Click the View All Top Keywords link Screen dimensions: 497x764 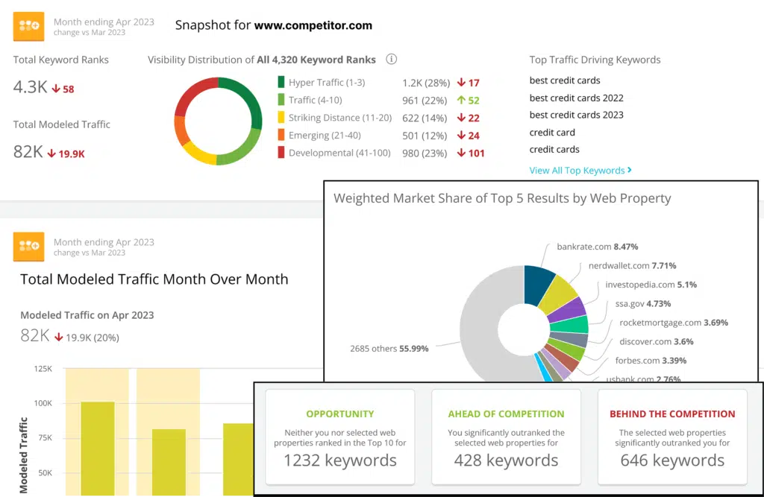(580, 171)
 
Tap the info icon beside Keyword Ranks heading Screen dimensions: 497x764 (392, 60)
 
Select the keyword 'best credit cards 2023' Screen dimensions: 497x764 (576, 115)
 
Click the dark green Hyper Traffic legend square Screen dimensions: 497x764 (281, 83)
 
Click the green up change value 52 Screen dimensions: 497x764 (469, 101)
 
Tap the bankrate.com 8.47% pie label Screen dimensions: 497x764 (597, 247)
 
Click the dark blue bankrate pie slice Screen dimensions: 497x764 (539, 284)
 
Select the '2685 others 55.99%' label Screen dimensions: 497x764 (389, 348)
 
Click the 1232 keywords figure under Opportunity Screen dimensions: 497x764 (339, 460)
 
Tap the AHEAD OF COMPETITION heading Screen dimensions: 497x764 (506, 414)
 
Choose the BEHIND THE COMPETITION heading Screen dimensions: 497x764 (672, 414)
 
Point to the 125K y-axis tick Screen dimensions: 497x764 (43, 369)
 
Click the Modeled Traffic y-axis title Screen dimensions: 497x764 (25, 455)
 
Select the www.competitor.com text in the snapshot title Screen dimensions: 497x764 (313, 25)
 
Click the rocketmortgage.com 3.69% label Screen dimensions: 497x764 (673, 323)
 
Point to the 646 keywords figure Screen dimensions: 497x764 (672, 460)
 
